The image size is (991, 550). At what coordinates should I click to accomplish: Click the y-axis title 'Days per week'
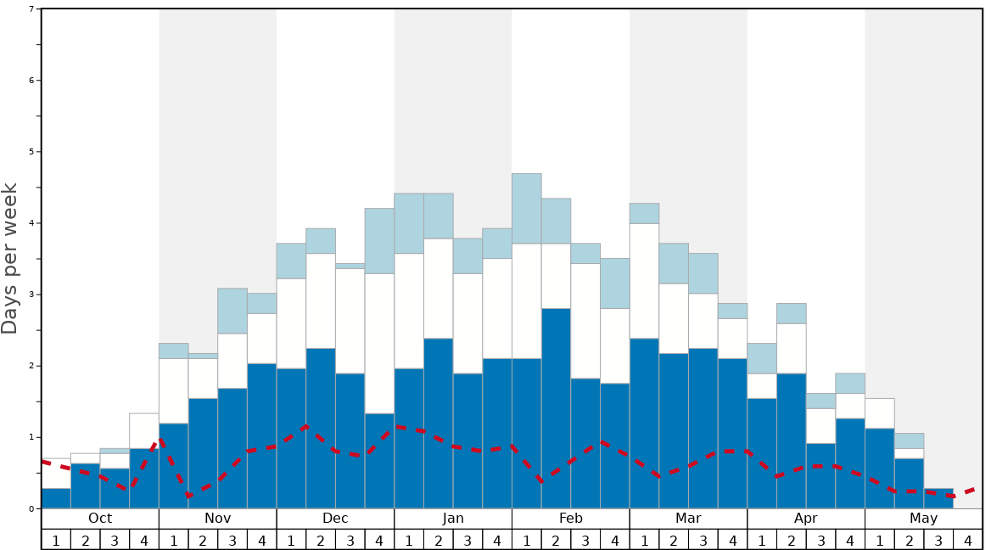pos(10,259)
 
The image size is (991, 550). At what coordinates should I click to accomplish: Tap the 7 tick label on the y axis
pos(31,9)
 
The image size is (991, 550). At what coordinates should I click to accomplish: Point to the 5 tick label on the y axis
pos(31,152)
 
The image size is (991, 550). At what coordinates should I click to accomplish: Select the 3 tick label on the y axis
pos(31,295)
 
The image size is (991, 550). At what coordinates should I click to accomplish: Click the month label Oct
pos(100,519)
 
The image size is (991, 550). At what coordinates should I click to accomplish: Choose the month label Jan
pos(453,519)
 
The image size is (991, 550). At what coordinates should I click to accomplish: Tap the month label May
pos(924,519)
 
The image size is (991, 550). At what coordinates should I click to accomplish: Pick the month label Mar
pos(688,519)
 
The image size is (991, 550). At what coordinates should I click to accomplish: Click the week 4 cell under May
pos(968,540)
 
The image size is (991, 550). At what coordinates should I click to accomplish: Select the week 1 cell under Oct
pos(56,540)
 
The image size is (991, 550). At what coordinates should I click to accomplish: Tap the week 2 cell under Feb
pos(556,540)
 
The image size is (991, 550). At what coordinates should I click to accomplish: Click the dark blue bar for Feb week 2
pos(556,408)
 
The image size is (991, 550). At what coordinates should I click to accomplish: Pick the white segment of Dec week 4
pos(379,343)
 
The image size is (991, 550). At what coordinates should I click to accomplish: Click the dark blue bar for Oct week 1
pos(56,498)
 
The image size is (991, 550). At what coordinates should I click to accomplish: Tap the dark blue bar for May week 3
pos(938,498)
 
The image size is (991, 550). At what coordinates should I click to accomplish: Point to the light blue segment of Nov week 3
pos(232,311)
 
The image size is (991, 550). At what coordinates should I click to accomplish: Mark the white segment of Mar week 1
pos(644,280)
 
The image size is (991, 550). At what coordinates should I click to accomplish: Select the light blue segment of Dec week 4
pos(379,240)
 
